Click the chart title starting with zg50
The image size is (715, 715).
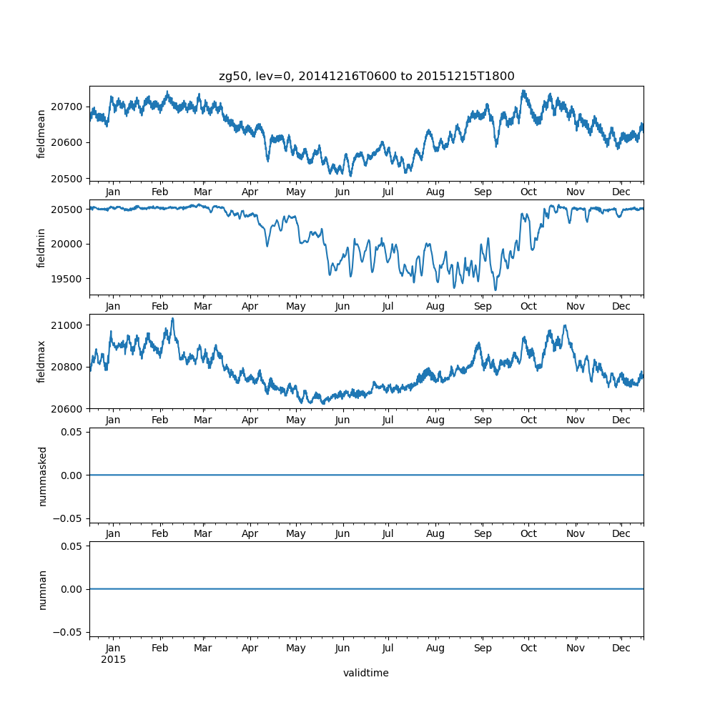366,77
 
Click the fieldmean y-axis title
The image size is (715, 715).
41,134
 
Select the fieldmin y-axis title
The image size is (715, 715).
41,248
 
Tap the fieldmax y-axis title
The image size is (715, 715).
41,362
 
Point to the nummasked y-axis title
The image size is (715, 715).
41,476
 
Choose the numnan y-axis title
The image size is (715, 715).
41,590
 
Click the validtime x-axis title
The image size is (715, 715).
366,673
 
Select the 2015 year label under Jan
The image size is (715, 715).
113,659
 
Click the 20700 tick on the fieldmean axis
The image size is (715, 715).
71,107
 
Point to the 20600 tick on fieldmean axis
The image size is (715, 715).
71,143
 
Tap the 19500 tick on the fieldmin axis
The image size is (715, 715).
71,279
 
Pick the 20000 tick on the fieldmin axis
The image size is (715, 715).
71,244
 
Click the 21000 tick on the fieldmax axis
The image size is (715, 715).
71,325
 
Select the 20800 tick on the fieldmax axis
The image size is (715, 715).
71,367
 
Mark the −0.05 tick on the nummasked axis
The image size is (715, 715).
69,518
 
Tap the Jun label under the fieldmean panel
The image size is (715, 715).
342,192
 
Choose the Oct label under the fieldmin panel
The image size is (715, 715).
528,306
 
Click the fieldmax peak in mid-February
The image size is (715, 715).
172,318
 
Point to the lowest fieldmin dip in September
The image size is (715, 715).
495,290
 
